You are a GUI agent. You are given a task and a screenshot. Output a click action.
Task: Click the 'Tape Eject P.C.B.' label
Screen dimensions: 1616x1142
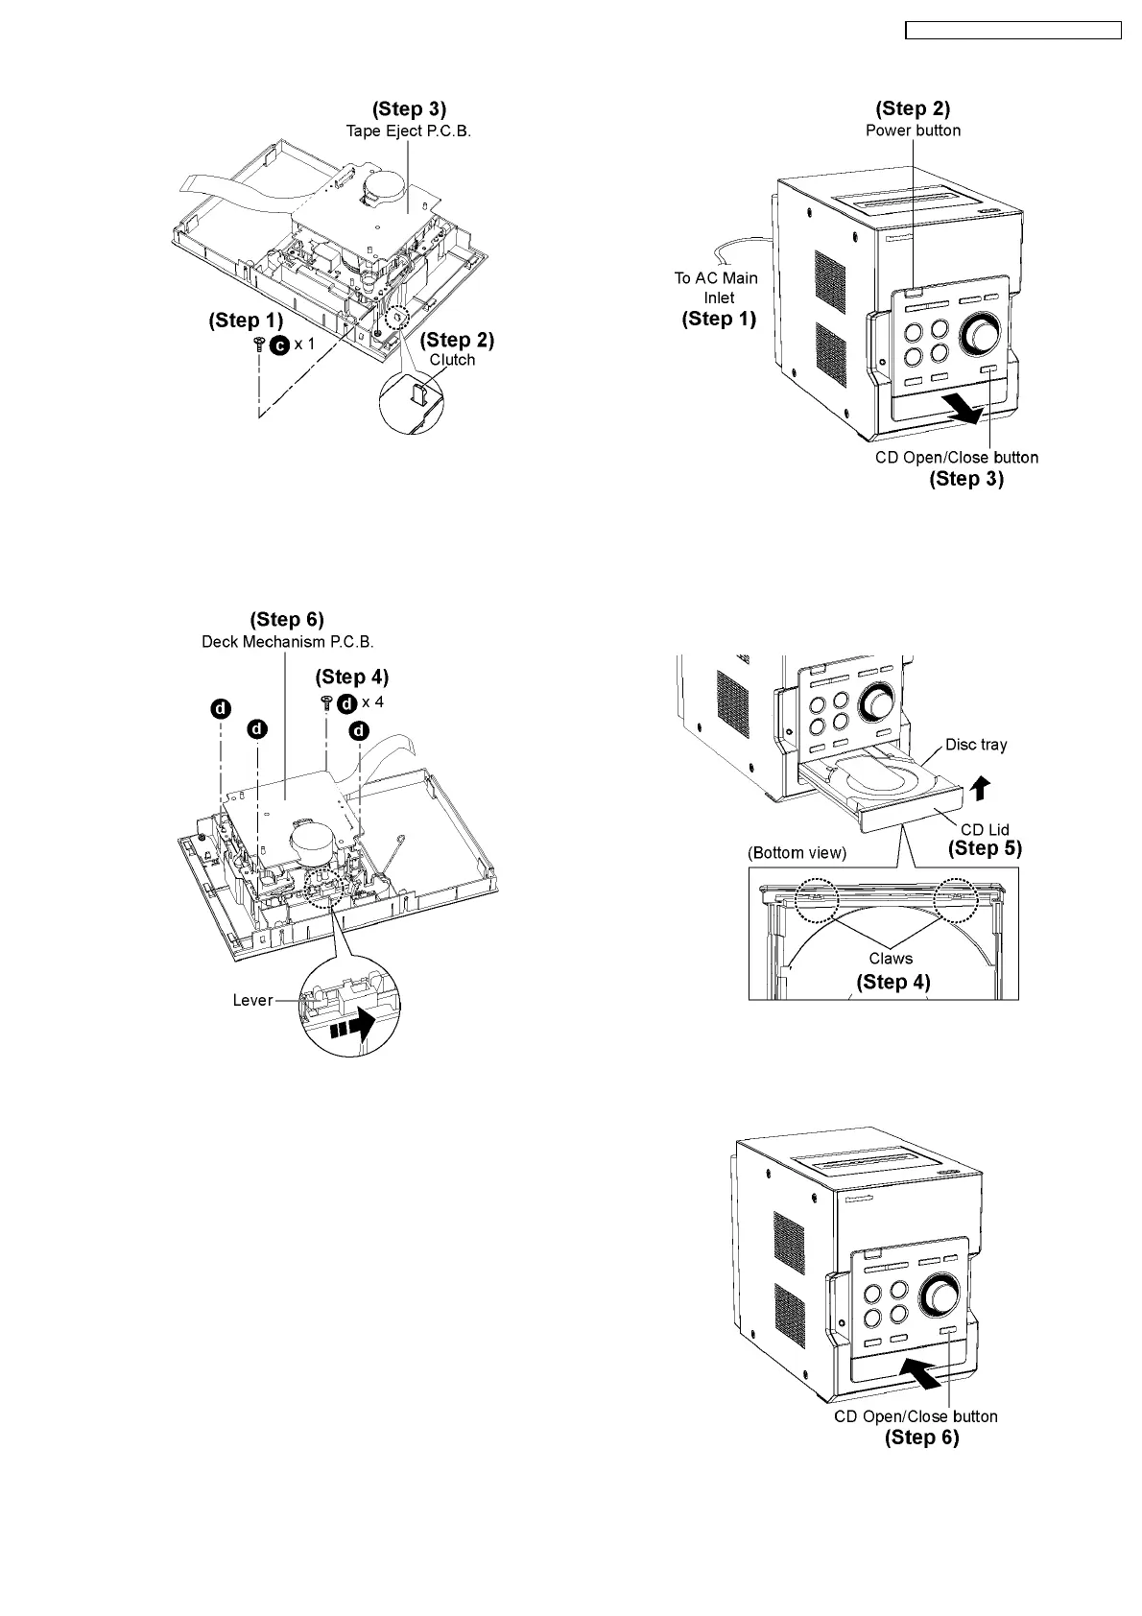409,131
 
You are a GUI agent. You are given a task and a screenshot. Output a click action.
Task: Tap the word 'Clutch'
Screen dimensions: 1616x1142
452,360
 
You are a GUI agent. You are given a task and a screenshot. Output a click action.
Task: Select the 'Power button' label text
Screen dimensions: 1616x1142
913,131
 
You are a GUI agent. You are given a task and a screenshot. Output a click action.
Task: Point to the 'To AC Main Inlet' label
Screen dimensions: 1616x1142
717,287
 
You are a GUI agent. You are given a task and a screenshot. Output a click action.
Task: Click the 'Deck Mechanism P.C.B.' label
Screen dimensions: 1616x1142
287,641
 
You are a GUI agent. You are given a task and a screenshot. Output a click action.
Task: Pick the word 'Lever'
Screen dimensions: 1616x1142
253,1000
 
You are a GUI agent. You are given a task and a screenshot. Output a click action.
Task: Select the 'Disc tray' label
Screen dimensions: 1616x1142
976,745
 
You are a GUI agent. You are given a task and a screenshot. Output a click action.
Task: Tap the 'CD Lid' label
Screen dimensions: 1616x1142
985,829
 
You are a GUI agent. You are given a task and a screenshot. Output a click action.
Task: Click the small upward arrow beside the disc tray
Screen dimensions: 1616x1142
978,788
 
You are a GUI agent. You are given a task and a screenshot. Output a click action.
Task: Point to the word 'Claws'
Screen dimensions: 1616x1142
891,958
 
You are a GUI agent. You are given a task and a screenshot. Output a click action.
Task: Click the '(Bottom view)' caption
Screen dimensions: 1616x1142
797,853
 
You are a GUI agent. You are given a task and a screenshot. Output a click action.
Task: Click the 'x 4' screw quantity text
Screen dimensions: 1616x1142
372,701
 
